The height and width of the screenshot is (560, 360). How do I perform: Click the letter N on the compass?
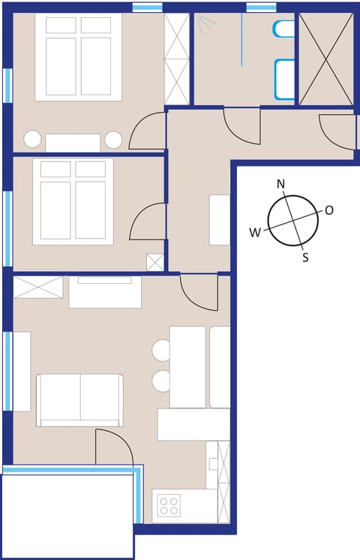pos(281,184)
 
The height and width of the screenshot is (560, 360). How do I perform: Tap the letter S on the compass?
pos(305,257)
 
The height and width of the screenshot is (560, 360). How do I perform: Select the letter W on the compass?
pos(255,233)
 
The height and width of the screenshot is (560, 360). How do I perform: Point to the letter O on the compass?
pos(328,210)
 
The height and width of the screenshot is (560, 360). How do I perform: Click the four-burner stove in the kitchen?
pos(169,505)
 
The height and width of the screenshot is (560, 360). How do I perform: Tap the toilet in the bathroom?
pos(284,29)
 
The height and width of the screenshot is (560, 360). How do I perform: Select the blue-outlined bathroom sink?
pos(284,79)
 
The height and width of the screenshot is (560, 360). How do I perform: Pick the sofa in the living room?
pos(79,399)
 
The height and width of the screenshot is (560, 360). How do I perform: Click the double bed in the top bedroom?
pos(78,58)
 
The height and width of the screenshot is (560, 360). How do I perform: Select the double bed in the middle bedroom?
pos(73,200)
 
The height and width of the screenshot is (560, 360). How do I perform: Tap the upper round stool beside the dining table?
pos(162,350)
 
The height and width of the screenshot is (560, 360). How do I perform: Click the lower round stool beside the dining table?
pos(162,381)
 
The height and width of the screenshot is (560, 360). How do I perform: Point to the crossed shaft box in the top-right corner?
pos(326,59)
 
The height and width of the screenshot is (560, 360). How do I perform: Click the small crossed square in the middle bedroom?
pos(155,263)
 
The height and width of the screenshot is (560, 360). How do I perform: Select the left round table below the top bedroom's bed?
pos(33,139)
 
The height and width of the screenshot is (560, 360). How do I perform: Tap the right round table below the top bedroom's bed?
pos(113,140)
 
